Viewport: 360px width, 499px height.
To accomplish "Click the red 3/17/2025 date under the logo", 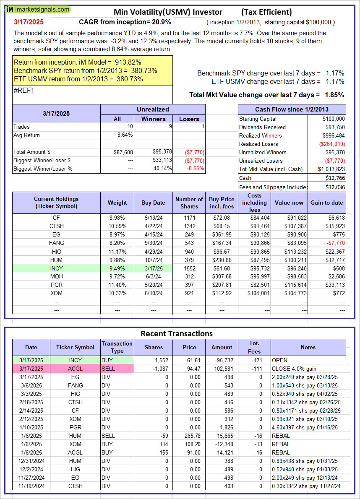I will tap(28, 22).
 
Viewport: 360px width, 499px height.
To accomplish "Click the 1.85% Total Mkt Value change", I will tap(334, 95).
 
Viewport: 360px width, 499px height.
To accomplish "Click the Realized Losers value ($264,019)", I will tap(331, 144).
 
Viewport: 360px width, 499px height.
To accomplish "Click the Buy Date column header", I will tap(153, 203).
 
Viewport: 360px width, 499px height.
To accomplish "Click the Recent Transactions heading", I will tap(177, 334).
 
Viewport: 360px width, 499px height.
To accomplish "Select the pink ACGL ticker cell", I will tap(75, 369).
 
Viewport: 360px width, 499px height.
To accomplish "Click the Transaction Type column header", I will tap(117, 347).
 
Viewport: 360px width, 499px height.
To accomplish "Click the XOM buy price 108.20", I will tap(189, 444).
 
